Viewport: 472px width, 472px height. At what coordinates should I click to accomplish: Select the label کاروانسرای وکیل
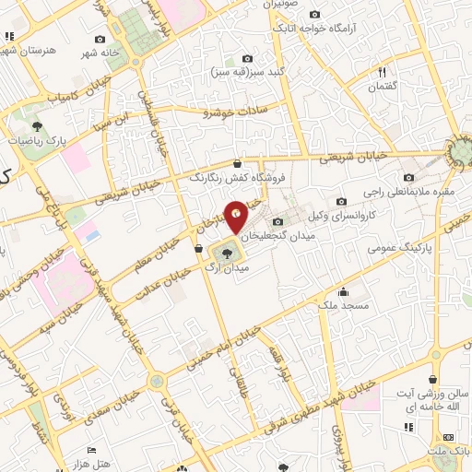(373, 213)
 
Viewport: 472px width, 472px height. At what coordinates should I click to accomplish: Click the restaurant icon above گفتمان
(383, 72)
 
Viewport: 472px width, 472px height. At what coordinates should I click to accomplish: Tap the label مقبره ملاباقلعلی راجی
(407, 192)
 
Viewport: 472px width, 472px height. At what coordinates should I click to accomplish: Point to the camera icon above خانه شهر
(100, 41)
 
